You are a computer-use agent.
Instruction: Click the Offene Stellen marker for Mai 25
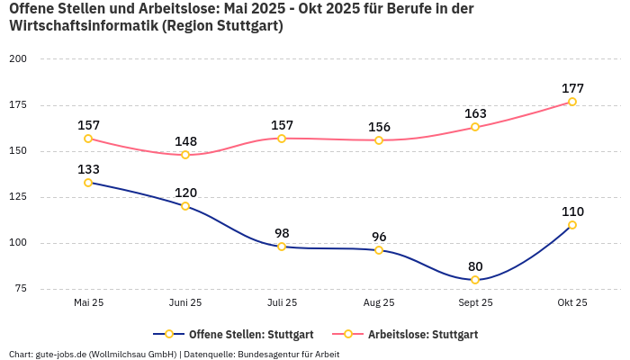coord(88,183)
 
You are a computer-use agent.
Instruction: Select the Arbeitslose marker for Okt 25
coord(572,102)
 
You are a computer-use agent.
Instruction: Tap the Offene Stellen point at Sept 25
coord(475,280)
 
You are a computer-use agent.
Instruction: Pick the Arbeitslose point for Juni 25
coord(185,155)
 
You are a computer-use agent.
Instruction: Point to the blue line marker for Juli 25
coord(282,247)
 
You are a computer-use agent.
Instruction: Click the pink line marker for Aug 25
coord(379,140)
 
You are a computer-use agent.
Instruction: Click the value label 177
coord(572,88)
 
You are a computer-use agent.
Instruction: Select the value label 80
coord(475,266)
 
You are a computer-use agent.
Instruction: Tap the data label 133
coord(88,169)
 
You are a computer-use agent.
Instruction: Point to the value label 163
coord(475,113)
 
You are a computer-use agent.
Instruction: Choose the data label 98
coord(282,233)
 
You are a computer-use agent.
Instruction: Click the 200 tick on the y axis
coord(18,58)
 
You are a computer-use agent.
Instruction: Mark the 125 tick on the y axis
coord(18,197)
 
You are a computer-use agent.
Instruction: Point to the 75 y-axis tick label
coord(21,289)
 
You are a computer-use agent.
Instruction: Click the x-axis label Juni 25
coord(185,303)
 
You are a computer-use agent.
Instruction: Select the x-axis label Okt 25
coord(572,303)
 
